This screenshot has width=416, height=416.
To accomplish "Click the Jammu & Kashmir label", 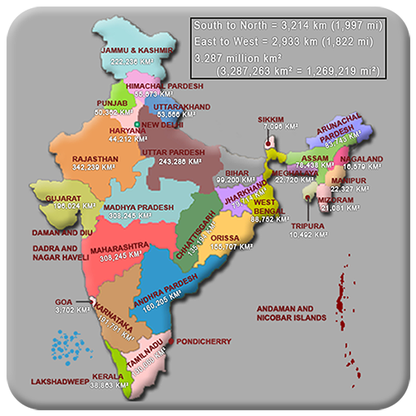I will click(x=137, y=50).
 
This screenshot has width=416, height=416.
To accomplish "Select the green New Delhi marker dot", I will click(x=138, y=124).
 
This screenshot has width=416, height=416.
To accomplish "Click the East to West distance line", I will click(x=286, y=41).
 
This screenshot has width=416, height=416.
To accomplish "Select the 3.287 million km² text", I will click(x=236, y=58).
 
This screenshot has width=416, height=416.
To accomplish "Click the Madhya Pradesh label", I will click(x=139, y=208).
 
